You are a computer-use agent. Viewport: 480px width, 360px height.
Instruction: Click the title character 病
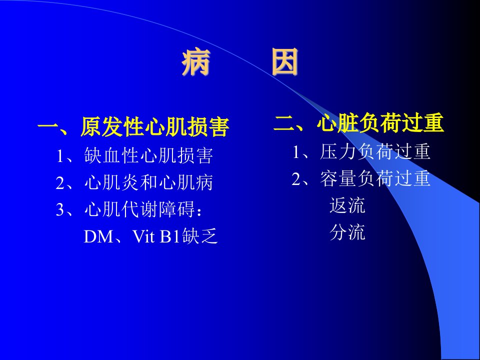click(196, 62)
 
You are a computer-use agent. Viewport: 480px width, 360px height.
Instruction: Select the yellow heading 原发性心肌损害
click(155, 126)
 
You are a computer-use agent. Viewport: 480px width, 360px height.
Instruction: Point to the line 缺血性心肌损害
click(149, 155)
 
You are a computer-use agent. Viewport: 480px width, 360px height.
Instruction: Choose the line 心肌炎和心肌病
click(149, 182)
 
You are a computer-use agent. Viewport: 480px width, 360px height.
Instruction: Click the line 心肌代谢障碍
click(139, 209)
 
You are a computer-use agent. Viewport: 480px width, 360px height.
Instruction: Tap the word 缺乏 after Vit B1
click(200, 236)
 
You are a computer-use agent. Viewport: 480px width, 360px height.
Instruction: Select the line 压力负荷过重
click(375, 151)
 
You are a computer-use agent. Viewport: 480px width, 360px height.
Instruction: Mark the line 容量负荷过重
click(375, 178)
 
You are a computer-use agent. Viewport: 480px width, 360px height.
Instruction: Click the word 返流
click(347, 205)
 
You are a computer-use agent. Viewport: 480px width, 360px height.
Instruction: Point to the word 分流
click(347, 232)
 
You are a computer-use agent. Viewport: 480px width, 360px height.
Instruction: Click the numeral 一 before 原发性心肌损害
click(48, 126)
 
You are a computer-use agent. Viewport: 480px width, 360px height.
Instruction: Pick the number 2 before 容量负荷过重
click(296, 179)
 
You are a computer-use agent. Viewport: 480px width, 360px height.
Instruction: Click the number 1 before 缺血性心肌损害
click(60, 156)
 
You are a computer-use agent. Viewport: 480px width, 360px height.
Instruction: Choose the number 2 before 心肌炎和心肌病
click(60, 183)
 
